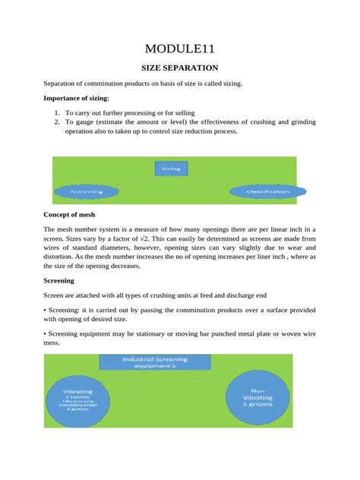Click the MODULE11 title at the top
pyautogui.click(x=179, y=50)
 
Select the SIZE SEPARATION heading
pyautogui.click(x=179, y=68)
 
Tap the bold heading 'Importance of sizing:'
pyautogui.click(x=76, y=99)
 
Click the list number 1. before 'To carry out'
pyautogui.click(x=58, y=112)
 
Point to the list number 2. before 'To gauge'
pyautogui.click(x=58, y=122)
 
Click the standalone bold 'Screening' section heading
pyautogui.click(x=62, y=280)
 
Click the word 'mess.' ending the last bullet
pyautogui.click(x=54, y=343)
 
